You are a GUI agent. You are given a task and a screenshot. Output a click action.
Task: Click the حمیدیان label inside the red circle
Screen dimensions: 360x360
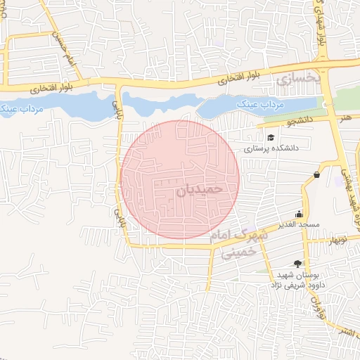tap(199, 189)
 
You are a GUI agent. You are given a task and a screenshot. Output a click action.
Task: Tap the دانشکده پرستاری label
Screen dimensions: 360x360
tap(272, 149)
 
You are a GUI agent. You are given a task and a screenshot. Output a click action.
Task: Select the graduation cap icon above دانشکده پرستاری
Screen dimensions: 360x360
tap(271, 137)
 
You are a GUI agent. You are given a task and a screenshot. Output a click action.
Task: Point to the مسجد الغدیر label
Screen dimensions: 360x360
tap(299, 224)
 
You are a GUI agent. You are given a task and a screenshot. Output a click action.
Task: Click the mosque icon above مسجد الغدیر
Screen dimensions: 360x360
tap(300, 214)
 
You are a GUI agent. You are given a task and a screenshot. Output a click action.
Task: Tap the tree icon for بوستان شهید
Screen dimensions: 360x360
tap(298, 264)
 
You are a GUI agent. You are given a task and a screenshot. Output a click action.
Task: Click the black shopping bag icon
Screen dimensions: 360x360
tap(317, 174)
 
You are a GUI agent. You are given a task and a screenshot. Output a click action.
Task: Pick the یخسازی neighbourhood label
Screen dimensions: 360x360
tap(298, 79)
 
